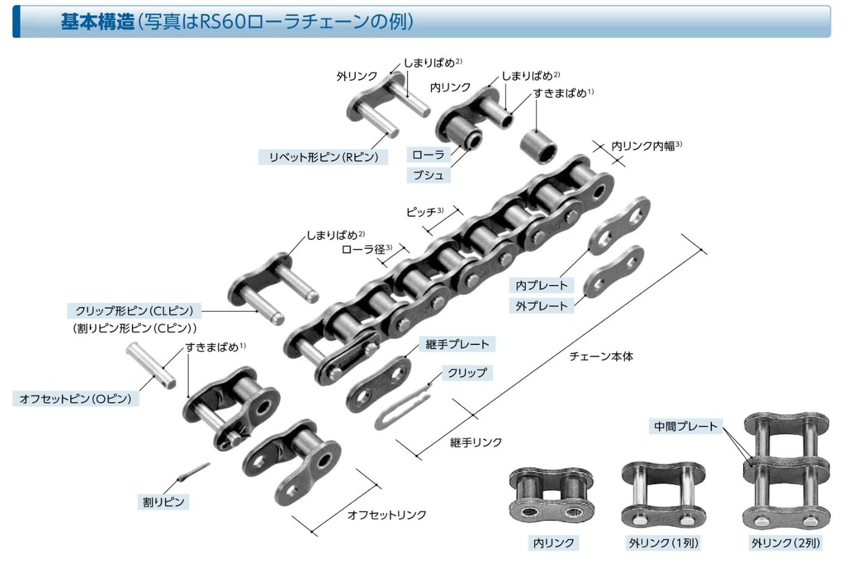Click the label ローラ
click(428, 154)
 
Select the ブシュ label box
click(428, 175)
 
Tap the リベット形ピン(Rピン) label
click(323, 157)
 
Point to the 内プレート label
click(541, 285)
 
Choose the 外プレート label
click(541, 306)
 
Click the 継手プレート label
click(457, 344)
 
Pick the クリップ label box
click(467, 372)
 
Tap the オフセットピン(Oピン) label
click(75, 399)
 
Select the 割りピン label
click(163, 502)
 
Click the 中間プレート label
click(686, 426)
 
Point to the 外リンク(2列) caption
click(785, 543)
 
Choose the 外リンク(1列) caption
click(663, 543)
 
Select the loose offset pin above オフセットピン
click(151, 364)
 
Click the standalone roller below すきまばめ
click(538, 145)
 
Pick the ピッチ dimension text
click(422, 212)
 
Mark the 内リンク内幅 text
click(643, 146)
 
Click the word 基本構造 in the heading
click(98, 22)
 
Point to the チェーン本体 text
click(601, 356)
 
